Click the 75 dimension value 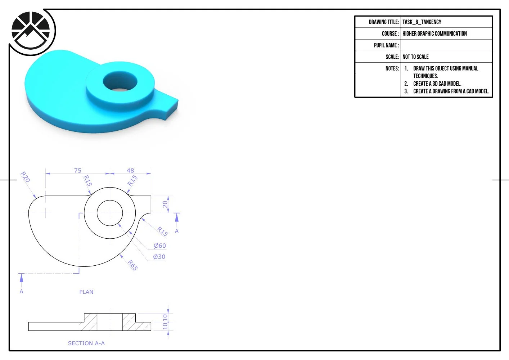[78, 170]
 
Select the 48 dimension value [130, 170]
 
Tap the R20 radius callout [25, 177]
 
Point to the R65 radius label [133, 265]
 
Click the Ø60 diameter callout [160, 246]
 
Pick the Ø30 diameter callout [159, 257]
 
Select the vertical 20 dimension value [165, 204]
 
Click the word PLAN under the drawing [86, 292]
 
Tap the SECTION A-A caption [86, 343]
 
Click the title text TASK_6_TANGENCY [422, 22]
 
